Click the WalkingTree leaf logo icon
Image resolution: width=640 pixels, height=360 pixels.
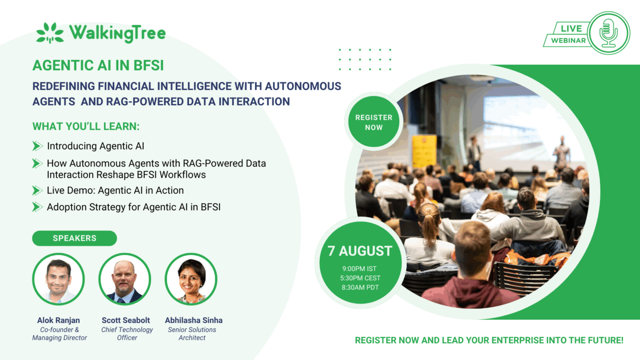[x=50, y=33]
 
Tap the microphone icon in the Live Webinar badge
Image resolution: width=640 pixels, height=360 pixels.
[x=608, y=33]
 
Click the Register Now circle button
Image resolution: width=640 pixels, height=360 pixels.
[x=374, y=122]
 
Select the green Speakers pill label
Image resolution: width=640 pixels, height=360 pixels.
[x=74, y=238]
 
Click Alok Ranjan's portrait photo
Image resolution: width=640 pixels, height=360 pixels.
[x=59, y=279]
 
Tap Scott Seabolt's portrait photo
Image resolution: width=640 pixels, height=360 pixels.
[x=125, y=279]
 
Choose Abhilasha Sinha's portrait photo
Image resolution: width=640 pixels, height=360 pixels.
[x=191, y=279]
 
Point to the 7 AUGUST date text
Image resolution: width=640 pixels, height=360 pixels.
[x=360, y=251]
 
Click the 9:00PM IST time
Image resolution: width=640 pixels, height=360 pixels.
[x=359, y=268]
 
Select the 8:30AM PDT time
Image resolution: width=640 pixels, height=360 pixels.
[x=360, y=287]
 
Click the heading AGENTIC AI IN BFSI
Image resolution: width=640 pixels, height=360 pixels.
[x=98, y=65]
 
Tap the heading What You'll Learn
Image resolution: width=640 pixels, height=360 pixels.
[x=86, y=126]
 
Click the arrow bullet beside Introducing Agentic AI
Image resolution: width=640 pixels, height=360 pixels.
[x=37, y=146]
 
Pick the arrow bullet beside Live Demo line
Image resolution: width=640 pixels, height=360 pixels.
[x=37, y=190]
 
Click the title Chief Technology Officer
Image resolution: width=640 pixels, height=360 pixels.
[x=127, y=333]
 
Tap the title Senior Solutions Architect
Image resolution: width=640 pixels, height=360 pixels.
[x=192, y=333]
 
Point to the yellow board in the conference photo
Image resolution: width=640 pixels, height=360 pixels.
[x=424, y=152]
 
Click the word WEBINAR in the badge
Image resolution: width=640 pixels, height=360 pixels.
[x=569, y=40]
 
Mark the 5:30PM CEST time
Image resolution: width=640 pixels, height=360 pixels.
[x=360, y=278]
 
